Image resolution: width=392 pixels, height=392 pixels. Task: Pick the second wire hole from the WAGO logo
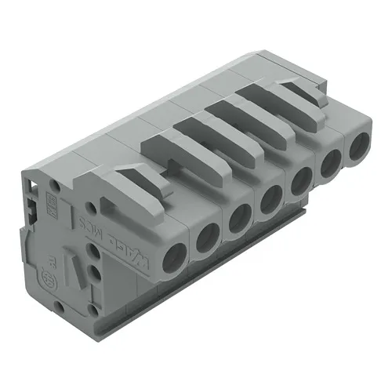(207, 238)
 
